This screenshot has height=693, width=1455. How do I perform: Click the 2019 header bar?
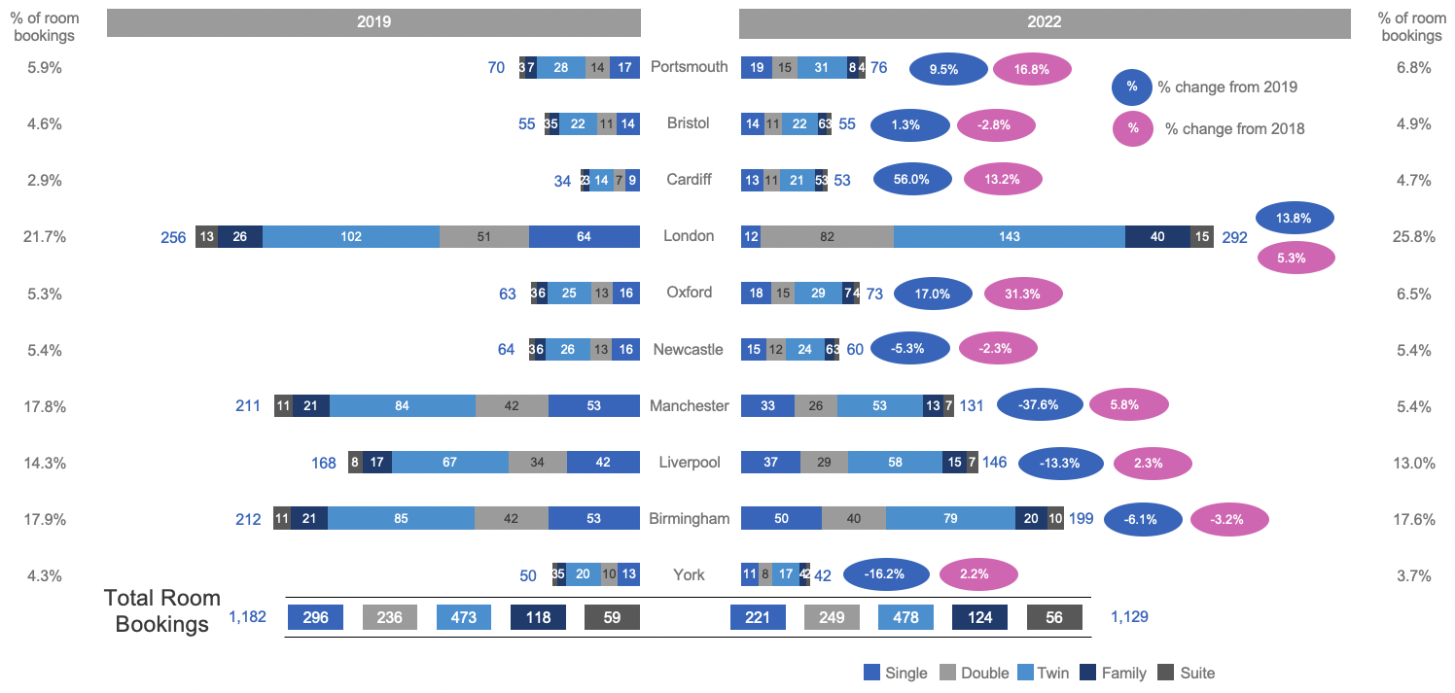[x=373, y=22]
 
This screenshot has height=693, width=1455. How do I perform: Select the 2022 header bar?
[x=1045, y=22]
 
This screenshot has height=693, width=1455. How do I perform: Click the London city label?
[x=689, y=236]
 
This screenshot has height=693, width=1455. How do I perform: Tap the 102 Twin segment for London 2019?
[x=351, y=236]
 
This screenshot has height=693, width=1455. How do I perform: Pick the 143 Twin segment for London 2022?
[x=1009, y=236]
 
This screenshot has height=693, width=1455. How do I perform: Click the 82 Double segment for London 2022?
[x=827, y=236]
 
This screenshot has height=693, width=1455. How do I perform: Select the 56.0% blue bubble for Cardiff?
[x=912, y=180]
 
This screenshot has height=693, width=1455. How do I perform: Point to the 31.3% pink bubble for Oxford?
[x=1023, y=293]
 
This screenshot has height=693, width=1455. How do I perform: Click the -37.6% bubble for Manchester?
[x=1040, y=405]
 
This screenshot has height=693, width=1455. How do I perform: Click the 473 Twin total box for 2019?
[x=464, y=617]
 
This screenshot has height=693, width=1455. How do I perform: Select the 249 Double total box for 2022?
[x=832, y=617]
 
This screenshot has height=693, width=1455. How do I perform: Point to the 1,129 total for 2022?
[x=1129, y=617]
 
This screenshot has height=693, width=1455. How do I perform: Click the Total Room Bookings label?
[x=162, y=611]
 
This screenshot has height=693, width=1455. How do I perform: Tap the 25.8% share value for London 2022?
[x=1412, y=236]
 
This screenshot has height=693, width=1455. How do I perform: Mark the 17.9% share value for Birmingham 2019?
[x=45, y=519]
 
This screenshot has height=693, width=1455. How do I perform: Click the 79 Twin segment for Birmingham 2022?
[x=950, y=519]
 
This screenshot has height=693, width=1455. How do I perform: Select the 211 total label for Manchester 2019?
[x=248, y=405]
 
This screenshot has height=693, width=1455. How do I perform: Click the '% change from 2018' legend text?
[x=1234, y=128]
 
